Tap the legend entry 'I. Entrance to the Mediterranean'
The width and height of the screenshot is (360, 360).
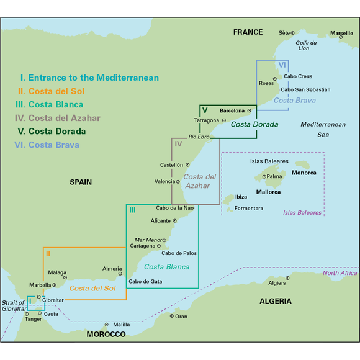(89, 78)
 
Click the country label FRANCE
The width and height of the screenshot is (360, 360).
(248, 32)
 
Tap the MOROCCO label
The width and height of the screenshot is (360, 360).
(106, 334)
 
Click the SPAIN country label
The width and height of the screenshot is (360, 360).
(81, 182)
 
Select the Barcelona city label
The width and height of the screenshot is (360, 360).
(232, 110)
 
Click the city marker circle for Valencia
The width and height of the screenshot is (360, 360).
(178, 182)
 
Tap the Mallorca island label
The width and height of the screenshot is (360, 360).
(268, 192)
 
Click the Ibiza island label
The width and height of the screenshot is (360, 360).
(241, 197)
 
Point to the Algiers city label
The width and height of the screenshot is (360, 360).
(276, 283)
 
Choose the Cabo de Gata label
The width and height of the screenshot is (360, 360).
(145, 281)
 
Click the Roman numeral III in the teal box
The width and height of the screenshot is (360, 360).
(132, 210)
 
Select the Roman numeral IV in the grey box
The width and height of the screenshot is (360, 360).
(178, 144)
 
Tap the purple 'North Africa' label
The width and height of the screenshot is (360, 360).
(340, 273)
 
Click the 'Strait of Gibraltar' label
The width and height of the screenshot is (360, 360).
(14, 305)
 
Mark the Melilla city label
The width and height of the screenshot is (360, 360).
(122, 324)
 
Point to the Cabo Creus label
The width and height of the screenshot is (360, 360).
(298, 76)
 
